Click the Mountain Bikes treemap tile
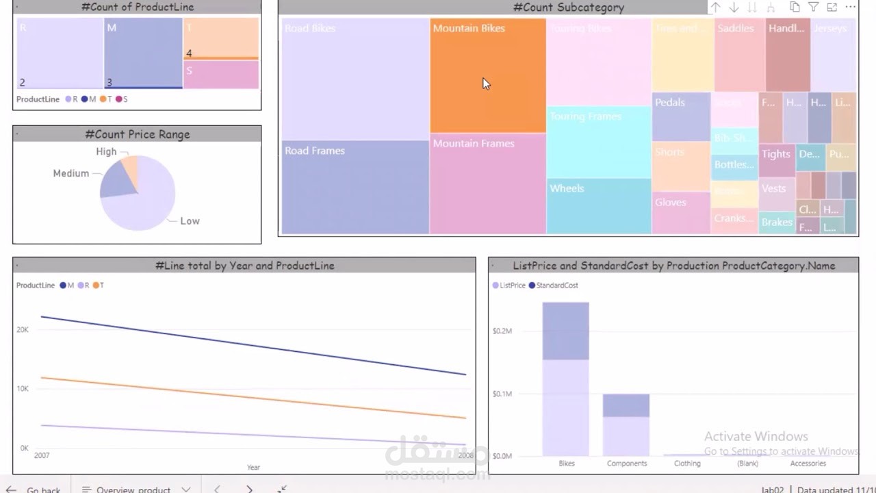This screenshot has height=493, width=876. [x=487, y=75]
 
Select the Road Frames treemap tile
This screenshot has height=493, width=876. [x=355, y=187]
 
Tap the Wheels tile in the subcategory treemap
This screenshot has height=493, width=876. [x=598, y=206]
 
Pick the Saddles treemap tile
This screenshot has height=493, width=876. [x=739, y=55]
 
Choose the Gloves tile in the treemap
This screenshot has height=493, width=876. [x=680, y=212]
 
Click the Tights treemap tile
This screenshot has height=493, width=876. [x=776, y=160]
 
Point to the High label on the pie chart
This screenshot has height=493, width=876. [x=106, y=151]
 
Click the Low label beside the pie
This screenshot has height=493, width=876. [x=190, y=221]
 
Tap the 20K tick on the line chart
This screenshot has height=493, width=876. [x=23, y=329]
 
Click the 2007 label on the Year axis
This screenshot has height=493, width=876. [x=42, y=455]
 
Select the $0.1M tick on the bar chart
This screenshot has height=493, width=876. [x=502, y=394]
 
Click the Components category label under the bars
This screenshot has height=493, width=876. [x=626, y=464]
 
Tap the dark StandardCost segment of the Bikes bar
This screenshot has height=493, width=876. [x=565, y=331]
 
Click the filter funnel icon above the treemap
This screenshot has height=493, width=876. [x=813, y=8]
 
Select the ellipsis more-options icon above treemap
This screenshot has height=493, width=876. [x=850, y=8]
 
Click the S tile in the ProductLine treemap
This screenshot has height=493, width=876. [x=220, y=75]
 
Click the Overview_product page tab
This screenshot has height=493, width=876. [x=133, y=489]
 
